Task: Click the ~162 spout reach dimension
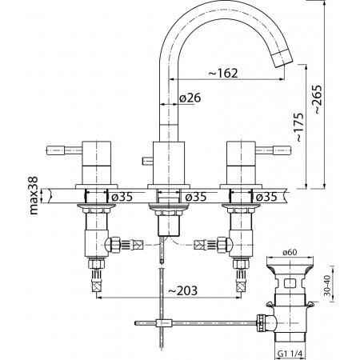point(222,73)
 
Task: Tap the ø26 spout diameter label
point(190,98)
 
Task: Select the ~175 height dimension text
point(299,127)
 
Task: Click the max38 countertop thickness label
point(34,195)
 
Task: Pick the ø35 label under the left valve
point(122,197)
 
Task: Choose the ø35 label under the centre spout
point(196,197)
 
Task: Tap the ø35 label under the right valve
point(266,197)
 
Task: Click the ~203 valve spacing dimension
point(182,290)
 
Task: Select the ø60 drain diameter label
point(290,252)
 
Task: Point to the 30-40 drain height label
point(327,286)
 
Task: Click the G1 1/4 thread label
point(290,354)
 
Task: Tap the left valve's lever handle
point(64,150)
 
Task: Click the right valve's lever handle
point(274,150)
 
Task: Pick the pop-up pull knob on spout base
point(148,161)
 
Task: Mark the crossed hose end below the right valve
point(241,286)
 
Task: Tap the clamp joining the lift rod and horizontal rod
point(162,323)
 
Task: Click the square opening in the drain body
point(290,282)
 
